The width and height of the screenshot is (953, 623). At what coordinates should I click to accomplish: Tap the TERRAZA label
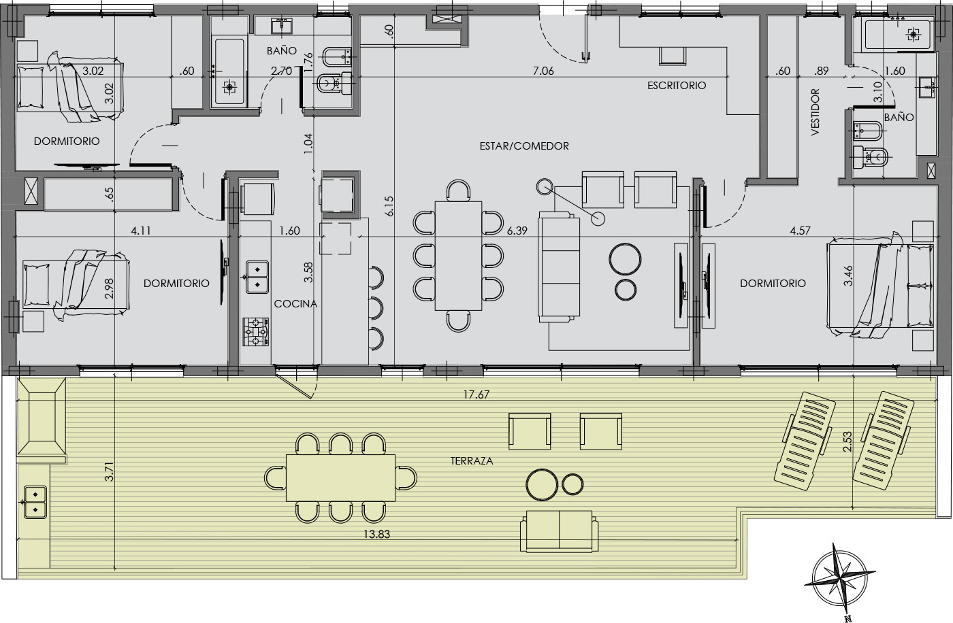(471, 461)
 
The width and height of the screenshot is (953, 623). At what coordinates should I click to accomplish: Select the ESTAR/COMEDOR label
(524, 146)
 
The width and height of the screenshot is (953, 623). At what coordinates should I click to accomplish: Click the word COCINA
(295, 304)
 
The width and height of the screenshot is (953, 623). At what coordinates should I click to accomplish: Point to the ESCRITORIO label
(677, 86)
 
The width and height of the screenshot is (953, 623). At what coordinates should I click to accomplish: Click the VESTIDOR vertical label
(815, 112)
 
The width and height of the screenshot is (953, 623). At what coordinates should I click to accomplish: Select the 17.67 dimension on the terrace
(476, 394)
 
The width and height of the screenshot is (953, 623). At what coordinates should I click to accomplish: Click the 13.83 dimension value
(376, 534)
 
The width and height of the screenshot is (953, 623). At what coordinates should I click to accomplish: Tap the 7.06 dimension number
(543, 71)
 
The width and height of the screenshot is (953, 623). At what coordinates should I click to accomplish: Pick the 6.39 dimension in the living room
(517, 231)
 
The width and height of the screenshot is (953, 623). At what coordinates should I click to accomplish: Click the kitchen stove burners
(256, 332)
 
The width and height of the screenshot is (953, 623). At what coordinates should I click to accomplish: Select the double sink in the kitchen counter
(257, 277)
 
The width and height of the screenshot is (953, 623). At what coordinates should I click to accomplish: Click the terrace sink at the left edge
(35, 502)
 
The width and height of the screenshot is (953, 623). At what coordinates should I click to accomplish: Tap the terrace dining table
(340, 478)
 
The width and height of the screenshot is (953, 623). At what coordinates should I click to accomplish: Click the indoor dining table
(458, 256)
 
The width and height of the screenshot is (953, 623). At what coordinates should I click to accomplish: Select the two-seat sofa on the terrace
(559, 531)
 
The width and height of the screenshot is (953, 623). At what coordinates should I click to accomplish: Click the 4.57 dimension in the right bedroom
(800, 231)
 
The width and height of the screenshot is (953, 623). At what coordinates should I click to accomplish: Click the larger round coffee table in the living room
(625, 259)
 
